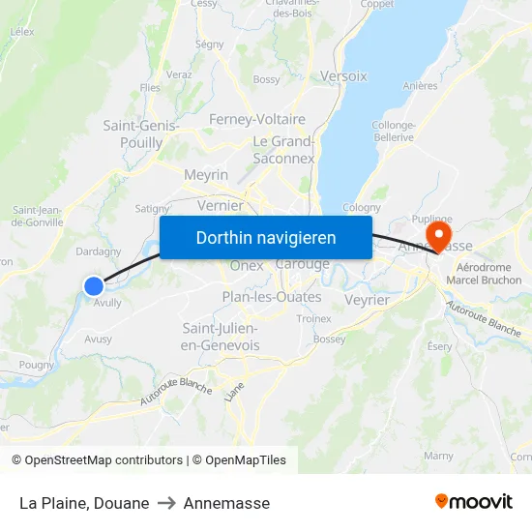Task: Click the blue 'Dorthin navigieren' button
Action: [266, 237]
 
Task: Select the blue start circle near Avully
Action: [94, 285]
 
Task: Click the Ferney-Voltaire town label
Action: [257, 119]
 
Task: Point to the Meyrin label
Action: [206, 175]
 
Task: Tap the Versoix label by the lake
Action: [343, 75]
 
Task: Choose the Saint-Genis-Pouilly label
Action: [140, 133]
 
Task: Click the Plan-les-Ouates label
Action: [272, 297]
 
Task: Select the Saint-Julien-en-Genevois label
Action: [221, 337]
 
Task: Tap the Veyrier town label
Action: [367, 300]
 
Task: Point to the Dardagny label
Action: [99, 251]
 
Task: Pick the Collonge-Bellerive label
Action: [394, 131]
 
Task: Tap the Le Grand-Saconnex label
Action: [283, 149]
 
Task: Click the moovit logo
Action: [474, 502]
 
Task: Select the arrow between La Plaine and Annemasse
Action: [166, 503]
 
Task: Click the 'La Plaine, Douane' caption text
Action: [84, 503]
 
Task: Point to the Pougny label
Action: [37, 365]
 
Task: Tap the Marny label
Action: [438, 456]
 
